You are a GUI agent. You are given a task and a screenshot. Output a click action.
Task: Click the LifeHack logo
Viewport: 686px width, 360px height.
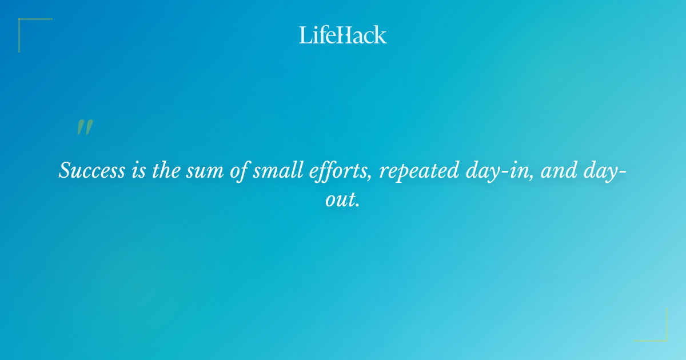[x=343, y=35]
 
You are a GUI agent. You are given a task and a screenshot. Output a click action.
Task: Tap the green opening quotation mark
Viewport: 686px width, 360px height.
[x=84, y=128]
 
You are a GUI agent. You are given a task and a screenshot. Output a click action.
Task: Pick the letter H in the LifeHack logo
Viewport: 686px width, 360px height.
[x=342, y=35]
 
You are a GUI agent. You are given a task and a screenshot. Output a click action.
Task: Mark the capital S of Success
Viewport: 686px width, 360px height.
[x=65, y=171]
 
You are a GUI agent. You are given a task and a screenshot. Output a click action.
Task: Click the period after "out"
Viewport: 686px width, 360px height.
[x=357, y=205]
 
